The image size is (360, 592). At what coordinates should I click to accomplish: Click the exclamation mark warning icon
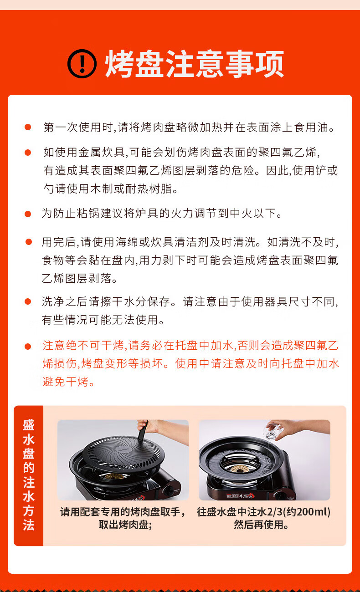coord(82,64)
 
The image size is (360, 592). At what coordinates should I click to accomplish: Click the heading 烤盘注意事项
coord(195,64)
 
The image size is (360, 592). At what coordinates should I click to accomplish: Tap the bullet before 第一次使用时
coord(28,127)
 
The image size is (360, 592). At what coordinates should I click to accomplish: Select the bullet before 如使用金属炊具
coord(28,153)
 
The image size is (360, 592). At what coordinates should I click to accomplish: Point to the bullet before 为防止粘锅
coord(28,214)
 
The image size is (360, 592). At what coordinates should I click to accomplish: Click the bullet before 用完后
coord(29,242)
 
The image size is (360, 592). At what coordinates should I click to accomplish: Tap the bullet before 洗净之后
coord(28,301)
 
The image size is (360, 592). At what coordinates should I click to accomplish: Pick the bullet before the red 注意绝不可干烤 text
coord(28,346)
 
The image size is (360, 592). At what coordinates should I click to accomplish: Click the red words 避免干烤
coord(66,382)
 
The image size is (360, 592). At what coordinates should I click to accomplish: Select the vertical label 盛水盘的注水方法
coord(29,475)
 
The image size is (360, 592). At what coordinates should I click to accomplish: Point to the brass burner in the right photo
coord(240,469)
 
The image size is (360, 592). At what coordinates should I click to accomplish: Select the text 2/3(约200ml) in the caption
coord(298,512)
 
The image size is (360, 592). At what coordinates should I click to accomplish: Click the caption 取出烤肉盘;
coord(125,525)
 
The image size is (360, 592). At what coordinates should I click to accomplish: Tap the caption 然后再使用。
coord(261,525)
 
